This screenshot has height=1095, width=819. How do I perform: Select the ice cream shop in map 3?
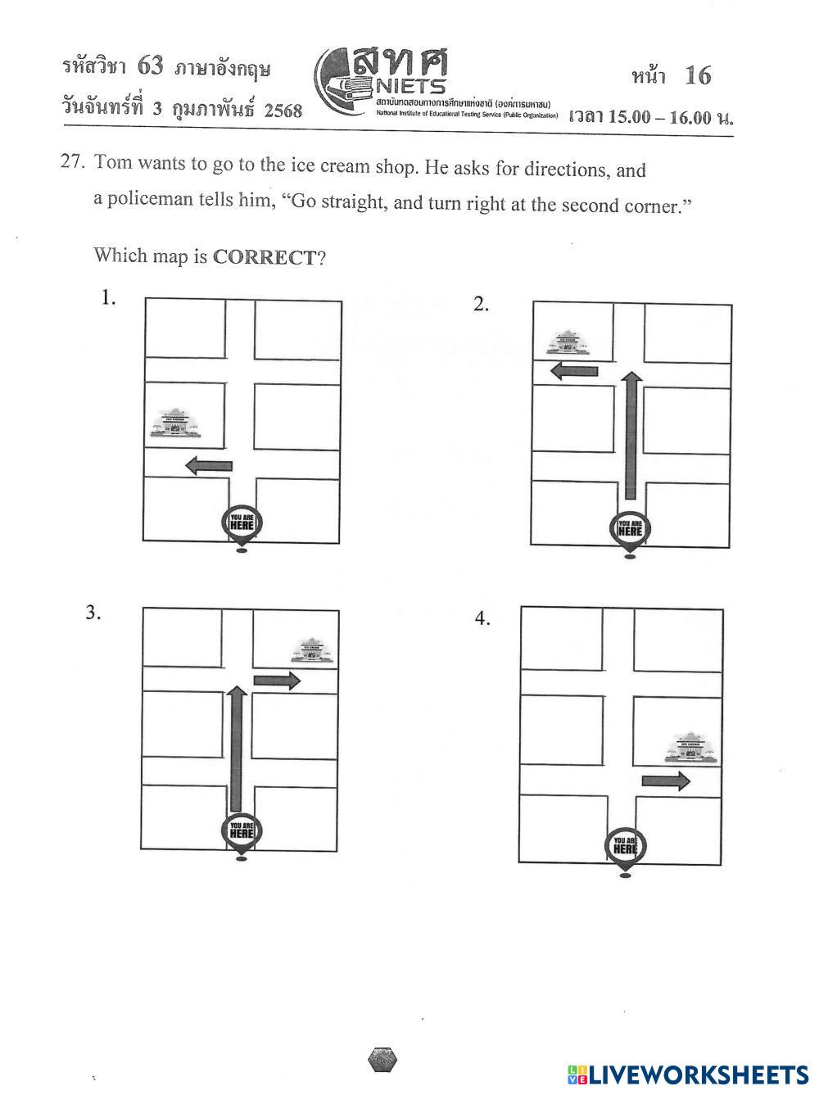coord(312,652)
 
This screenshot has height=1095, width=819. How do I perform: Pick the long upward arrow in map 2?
coord(630,435)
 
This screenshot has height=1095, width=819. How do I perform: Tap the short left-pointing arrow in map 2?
coord(574,371)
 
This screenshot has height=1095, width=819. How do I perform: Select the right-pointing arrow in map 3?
coord(277,680)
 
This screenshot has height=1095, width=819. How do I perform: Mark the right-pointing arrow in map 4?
coord(665,781)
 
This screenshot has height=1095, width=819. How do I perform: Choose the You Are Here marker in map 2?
coord(630,529)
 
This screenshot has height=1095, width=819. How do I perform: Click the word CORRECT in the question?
coord(264,257)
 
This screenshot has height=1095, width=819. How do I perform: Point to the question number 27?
coord(72,161)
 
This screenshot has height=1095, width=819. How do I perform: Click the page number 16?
coord(698,76)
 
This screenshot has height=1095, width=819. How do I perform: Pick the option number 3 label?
coord(93,613)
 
